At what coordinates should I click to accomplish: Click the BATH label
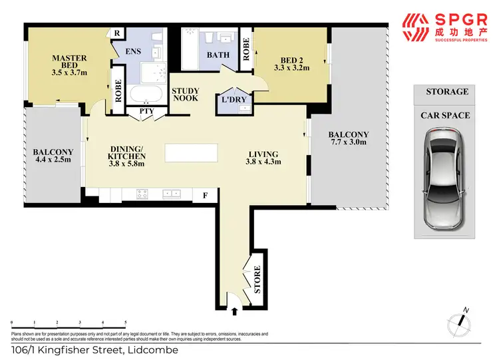pyautogui.click(x=218, y=55)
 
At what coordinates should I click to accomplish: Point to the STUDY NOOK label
pyautogui.click(x=186, y=96)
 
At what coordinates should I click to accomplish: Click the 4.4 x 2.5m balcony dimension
pyautogui.click(x=53, y=160)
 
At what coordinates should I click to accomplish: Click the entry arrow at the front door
pyautogui.click(x=234, y=309)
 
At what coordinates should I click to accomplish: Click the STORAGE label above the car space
pyautogui.click(x=447, y=92)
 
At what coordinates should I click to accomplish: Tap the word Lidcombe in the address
pyautogui.click(x=153, y=350)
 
